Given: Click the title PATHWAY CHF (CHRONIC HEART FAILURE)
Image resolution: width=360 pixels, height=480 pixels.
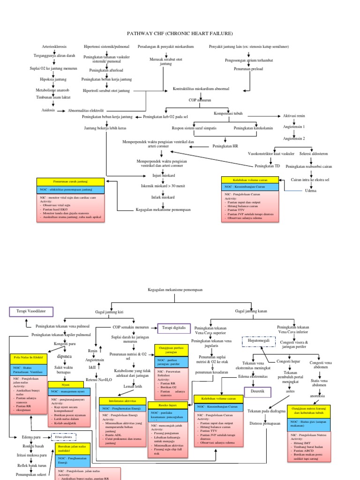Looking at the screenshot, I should click(x=180, y=34).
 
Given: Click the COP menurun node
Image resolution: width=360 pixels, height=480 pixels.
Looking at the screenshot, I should click(x=200, y=100).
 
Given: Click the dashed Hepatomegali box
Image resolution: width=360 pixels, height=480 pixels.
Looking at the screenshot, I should click(x=257, y=342).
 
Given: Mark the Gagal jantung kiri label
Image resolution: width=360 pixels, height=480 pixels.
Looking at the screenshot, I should click(x=110, y=312).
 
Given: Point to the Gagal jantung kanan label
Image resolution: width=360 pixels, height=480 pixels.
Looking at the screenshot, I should click(x=252, y=311).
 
